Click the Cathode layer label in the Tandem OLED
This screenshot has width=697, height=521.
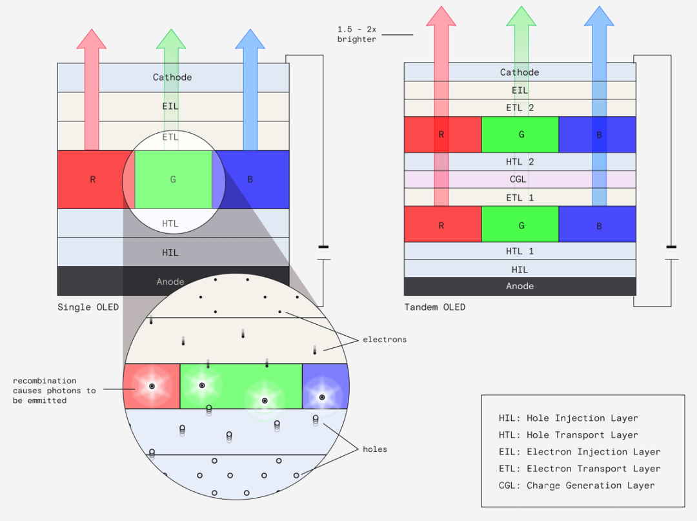(x=520, y=72)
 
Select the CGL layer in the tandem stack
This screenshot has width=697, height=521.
(x=520, y=179)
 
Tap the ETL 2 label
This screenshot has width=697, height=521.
(x=520, y=108)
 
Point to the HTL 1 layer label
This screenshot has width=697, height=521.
(x=520, y=251)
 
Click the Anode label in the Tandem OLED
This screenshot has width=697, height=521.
(x=520, y=286)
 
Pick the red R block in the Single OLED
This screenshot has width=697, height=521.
(x=92, y=179)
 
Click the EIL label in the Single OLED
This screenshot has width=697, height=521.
(x=170, y=107)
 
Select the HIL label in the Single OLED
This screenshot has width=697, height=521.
(x=170, y=252)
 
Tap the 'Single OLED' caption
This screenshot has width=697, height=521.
(x=88, y=307)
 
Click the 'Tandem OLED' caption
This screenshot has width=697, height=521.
(x=434, y=307)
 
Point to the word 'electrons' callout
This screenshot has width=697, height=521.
(x=385, y=340)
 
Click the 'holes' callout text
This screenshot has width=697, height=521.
(x=375, y=449)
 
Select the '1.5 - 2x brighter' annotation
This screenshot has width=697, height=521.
(x=357, y=35)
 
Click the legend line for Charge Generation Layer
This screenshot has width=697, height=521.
(x=576, y=485)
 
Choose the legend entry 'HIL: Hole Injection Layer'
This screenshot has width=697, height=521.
(x=568, y=418)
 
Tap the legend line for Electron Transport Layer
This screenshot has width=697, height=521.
(x=580, y=469)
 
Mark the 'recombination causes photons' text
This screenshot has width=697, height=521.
(x=54, y=391)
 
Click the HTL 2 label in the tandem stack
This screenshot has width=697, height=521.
(x=520, y=162)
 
